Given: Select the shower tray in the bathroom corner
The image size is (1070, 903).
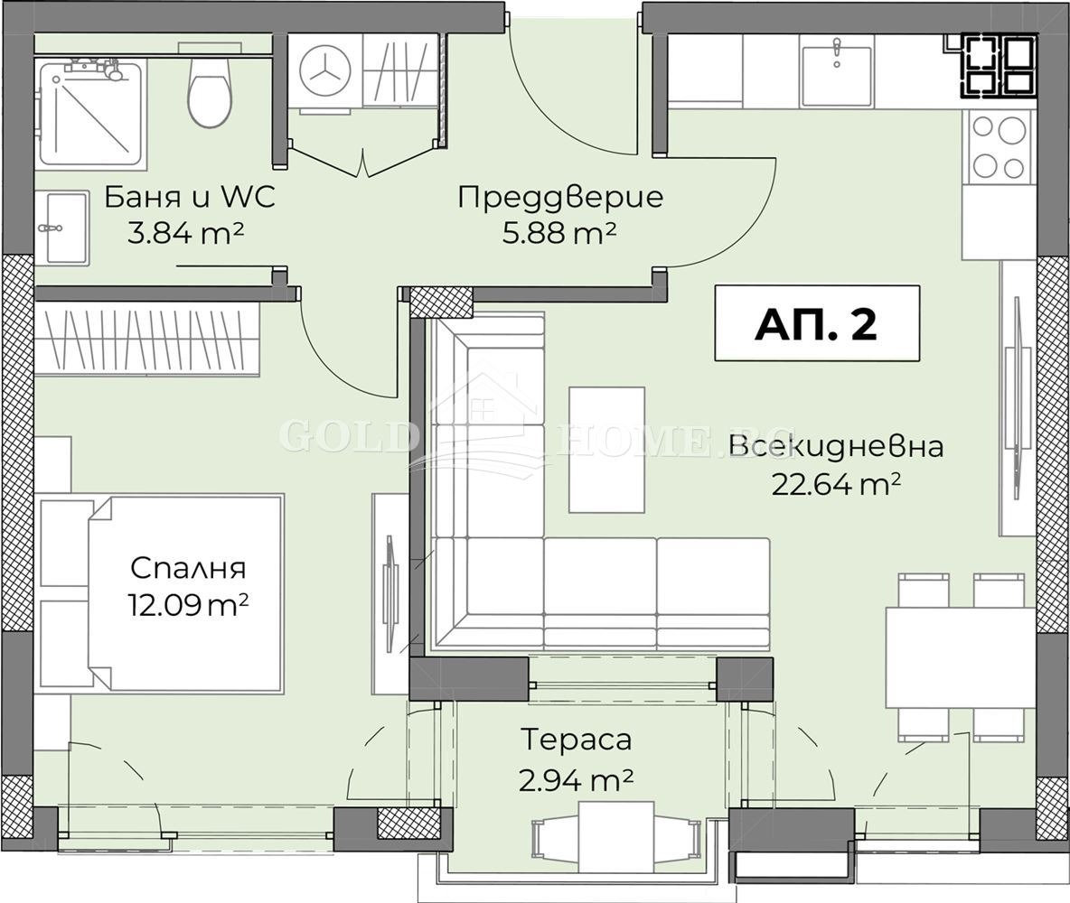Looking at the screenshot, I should coord(91,113).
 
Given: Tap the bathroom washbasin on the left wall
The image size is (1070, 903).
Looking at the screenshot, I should coord(61,227).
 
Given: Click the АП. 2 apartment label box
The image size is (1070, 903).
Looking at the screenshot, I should coord(816,323).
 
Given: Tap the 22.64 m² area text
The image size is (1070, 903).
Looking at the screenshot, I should coord(836,485).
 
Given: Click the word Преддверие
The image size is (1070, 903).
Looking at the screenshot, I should coord(560,197).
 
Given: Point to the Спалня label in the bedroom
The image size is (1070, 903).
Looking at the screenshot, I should coord(188,568).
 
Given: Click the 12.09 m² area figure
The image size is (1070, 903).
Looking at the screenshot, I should coord(188,603).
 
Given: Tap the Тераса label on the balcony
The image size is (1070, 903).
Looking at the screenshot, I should coord(576,740).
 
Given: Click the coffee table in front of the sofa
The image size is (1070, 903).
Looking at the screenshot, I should coord(606,450).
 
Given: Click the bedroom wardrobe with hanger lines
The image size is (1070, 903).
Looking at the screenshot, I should coord(147,339).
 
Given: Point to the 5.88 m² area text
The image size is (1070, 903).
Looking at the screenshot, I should coord(560,233).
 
